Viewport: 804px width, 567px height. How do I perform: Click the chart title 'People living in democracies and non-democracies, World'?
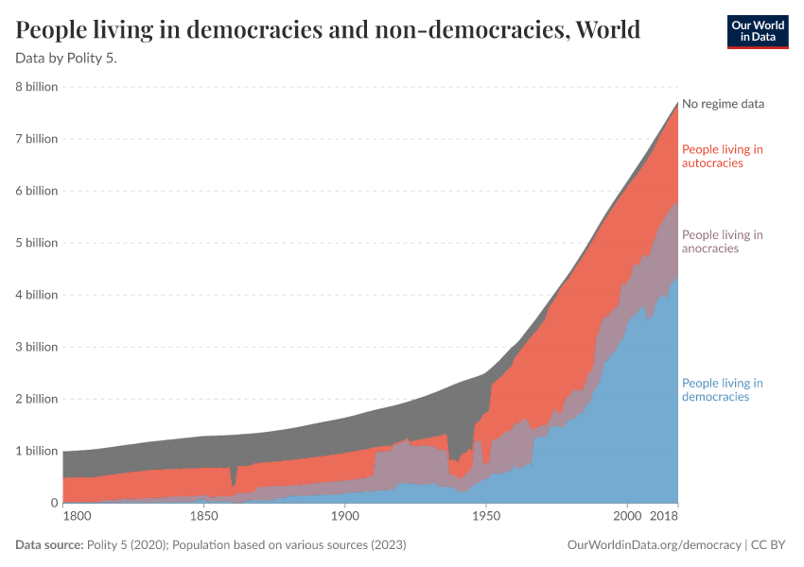(x=328, y=30)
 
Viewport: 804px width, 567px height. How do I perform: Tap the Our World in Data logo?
(x=757, y=31)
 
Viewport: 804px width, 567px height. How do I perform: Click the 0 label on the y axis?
(x=54, y=503)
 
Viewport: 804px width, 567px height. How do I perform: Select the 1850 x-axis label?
(x=203, y=517)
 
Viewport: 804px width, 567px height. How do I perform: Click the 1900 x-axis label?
(x=344, y=517)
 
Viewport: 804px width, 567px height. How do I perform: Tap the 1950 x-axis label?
(x=485, y=517)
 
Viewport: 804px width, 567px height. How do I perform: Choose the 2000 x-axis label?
(x=626, y=517)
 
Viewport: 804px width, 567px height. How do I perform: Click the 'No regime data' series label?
(x=723, y=104)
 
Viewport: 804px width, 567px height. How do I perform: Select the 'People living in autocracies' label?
(x=722, y=156)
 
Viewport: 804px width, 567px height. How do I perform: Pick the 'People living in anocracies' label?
(x=722, y=242)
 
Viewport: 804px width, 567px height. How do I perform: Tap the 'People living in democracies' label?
(x=722, y=389)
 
